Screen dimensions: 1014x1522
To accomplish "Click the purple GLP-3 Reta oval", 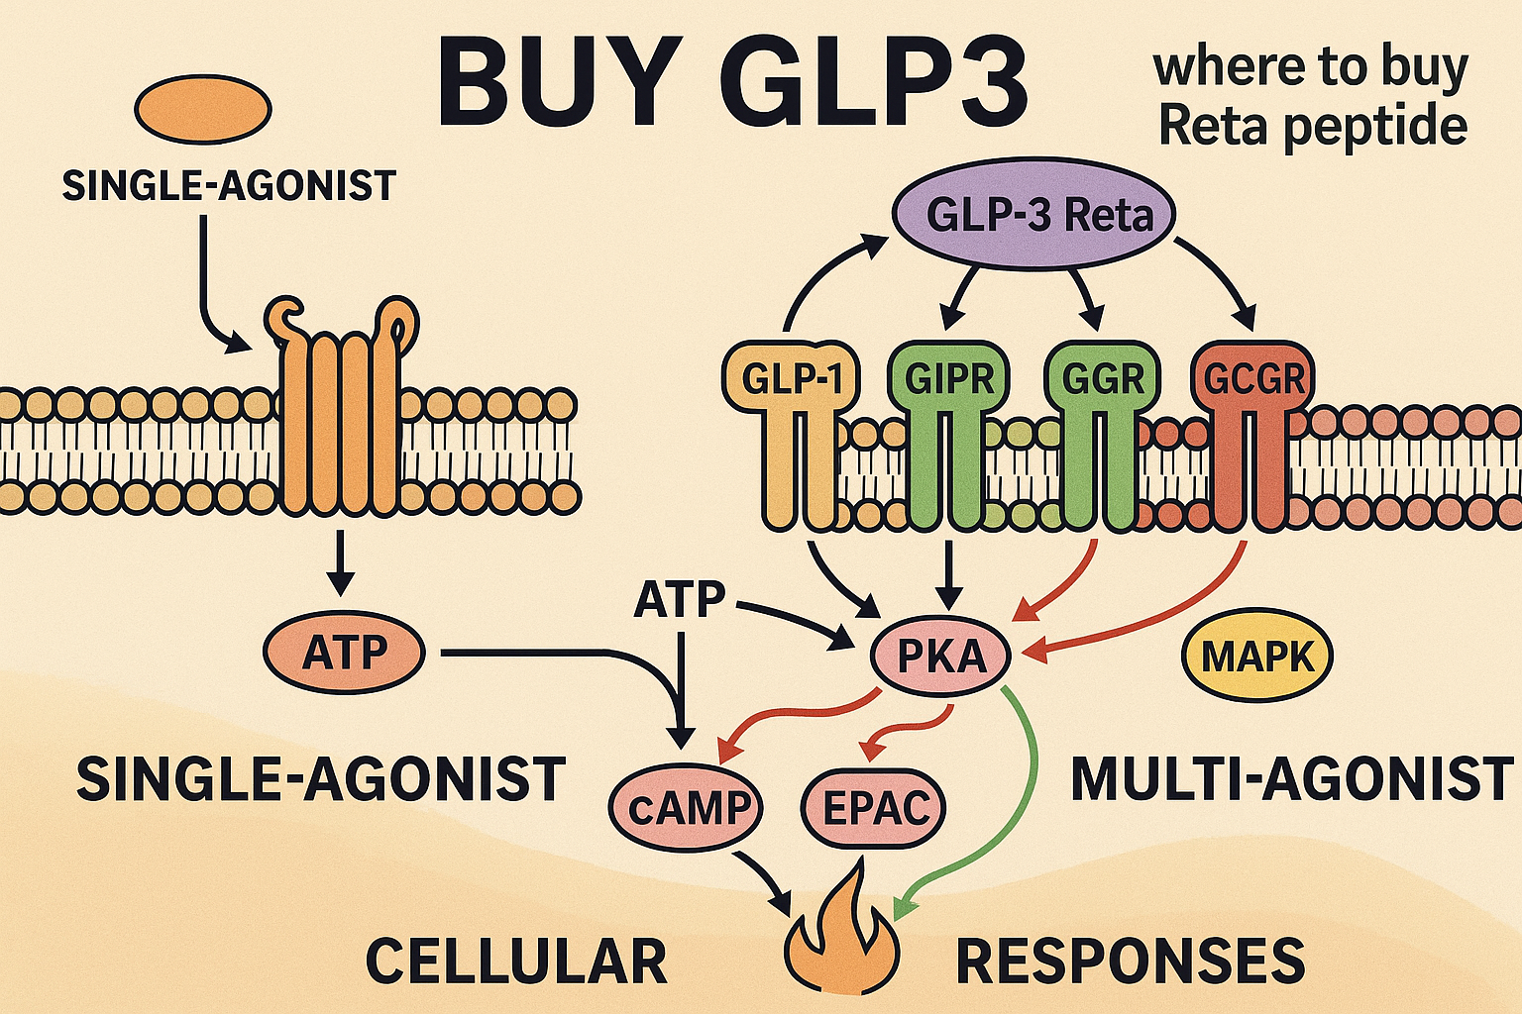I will point(1033,215).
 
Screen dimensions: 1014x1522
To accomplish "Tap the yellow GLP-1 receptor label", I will point(791,378).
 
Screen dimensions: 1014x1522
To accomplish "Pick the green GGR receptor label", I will point(1102,378).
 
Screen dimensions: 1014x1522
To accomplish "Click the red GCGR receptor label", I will point(1253,378).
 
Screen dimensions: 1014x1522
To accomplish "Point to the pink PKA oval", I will point(940,656).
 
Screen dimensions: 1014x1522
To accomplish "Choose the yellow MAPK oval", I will point(1257,657).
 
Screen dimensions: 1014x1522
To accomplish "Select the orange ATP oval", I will point(344,654).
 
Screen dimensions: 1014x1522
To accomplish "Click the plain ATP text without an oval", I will point(680,600).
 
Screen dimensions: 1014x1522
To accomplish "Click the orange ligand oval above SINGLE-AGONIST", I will point(203,110).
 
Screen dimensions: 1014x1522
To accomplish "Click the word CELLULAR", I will point(516,961).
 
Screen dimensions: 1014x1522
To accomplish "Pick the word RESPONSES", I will point(1130,961).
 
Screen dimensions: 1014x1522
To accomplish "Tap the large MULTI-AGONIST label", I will point(1292,778).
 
